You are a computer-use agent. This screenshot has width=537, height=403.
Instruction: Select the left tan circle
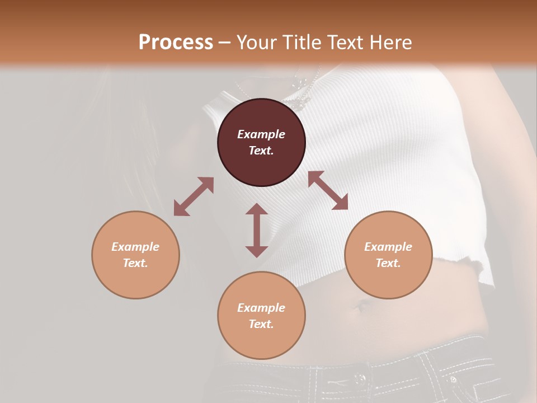[135, 255]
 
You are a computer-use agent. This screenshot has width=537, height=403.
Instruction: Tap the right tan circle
[388, 255]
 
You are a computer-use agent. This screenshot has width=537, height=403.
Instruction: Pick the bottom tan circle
[261, 316]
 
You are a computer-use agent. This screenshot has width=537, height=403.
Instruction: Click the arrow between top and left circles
[194, 196]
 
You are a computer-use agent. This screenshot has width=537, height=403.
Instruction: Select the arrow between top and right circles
[328, 190]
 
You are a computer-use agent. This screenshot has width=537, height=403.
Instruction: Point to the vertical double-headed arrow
[257, 230]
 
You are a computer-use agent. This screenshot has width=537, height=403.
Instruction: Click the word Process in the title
[176, 42]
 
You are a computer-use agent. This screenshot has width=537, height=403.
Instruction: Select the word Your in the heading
[255, 42]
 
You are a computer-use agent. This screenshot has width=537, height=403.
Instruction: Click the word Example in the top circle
[261, 134]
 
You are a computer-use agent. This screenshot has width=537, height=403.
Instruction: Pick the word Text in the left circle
[135, 263]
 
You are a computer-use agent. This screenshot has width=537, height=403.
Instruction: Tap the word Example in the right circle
[388, 247]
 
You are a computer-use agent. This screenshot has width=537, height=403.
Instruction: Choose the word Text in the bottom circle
[261, 324]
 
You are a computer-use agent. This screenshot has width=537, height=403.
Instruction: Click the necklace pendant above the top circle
[303, 99]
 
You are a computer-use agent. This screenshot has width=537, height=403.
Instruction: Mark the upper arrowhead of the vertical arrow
[257, 209]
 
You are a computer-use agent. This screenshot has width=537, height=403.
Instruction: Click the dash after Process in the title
[224, 43]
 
